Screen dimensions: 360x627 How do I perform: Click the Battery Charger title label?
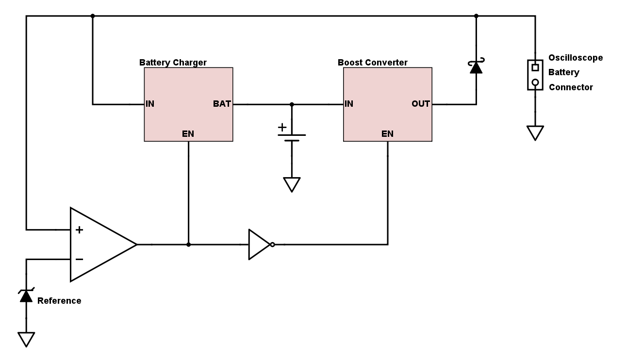click(x=173, y=63)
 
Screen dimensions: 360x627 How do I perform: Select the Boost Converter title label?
click(x=372, y=63)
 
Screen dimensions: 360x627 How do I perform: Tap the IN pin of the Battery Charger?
click(x=150, y=104)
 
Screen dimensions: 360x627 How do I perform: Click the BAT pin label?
click(x=222, y=104)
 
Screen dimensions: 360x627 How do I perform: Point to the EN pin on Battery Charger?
click(x=188, y=134)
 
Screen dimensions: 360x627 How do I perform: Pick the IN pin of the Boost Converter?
click(x=348, y=104)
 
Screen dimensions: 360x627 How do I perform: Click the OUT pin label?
click(x=421, y=104)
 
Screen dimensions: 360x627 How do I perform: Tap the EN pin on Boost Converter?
click(x=387, y=134)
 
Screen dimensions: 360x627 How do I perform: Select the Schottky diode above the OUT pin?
click(x=476, y=66)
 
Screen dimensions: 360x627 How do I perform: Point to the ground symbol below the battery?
click(x=292, y=184)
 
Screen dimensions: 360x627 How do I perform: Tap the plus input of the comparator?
click(x=79, y=229)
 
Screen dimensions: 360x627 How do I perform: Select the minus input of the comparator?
click(x=79, y=260)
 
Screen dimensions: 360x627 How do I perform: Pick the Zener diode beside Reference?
click(x=26, y=295)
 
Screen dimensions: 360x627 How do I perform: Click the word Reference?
click(x=59, y=301)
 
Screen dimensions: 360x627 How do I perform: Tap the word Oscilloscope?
click(x=576, y=58)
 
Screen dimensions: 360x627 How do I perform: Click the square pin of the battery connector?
click(x=535, y=67)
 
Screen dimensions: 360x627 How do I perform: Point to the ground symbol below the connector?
click(x=535, y=132)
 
